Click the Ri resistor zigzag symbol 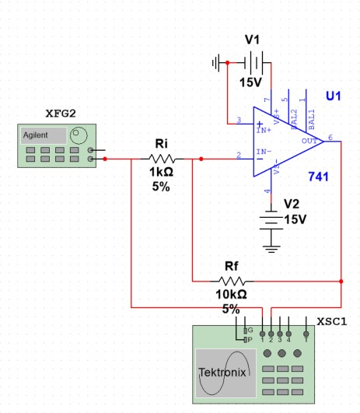pyautogui.click(x=163, y=159)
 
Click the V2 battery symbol pyautogui.click(x=271, y=220)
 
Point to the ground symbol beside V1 pyautogui.click(x=219, y=61)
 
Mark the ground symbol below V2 pyautogui.click(x=271, y=247)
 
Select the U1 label pyautogui.click(x=334, y=96)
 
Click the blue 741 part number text pyautogui.click(x=319, y=177)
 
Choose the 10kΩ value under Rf pyautogui.click(x=231, y=295)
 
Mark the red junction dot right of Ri pyautogui.click(x=201, y=159)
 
